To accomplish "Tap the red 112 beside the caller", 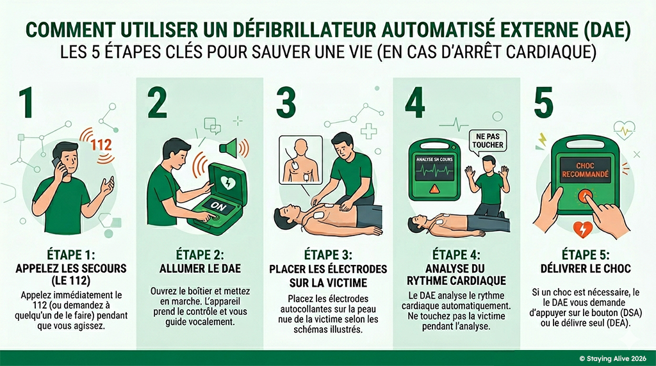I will [x=101, y=145].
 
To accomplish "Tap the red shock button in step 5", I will [x=585, y=195].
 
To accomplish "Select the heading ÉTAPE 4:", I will [x=457, y=254].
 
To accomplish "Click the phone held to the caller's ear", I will [x=56, y=163].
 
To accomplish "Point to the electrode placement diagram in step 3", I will [x=301, y=161].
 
